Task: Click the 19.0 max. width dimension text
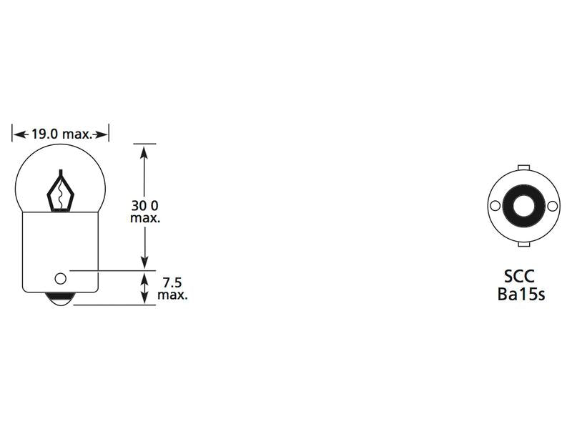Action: point(60,134)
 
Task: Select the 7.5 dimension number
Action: point(172,282)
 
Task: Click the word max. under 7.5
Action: point(172,295)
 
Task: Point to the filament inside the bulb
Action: point(61,192)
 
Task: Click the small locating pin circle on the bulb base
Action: point(60,277)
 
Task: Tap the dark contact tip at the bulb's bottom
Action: point(60,300)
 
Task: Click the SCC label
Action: point(520,277)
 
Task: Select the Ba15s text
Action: point(521,294)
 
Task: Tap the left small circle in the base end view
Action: point(495,206)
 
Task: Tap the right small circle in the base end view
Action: point(553,206)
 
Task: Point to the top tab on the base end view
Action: point(524,169)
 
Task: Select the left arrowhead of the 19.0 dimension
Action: point(18,134)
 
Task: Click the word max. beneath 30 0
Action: point(144,218)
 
